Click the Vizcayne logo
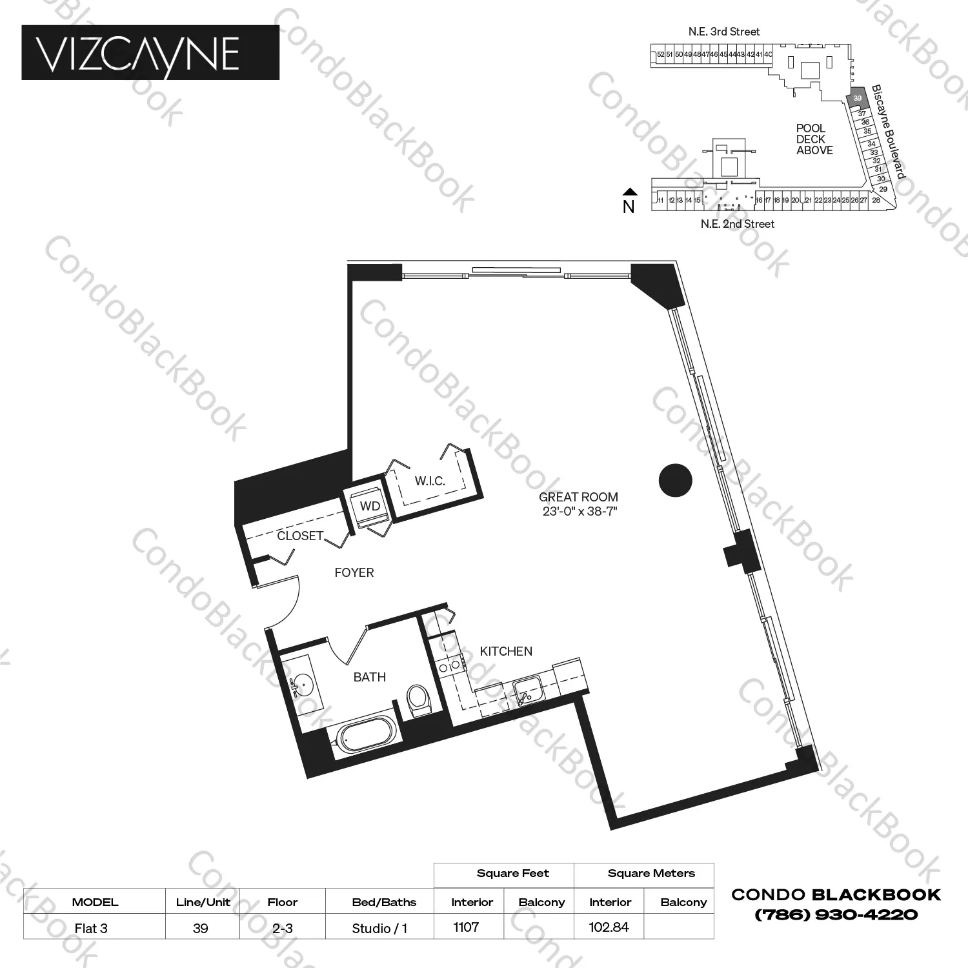point(150,53)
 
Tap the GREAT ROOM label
point(578,498)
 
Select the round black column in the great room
point(676,480)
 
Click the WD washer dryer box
point(370,507)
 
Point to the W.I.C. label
point(430,481)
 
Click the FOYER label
point(354,572)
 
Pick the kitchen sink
point(529,692)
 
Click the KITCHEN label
point(506,651)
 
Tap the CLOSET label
point(300,536)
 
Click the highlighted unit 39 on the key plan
point(857,98)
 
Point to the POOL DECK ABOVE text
point(814,139)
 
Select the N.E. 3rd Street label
point(723,32)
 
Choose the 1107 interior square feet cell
point(466,927)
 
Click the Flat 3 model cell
point(91,929)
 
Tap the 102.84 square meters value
point(609,927)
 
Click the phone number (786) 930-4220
point(836,914)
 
